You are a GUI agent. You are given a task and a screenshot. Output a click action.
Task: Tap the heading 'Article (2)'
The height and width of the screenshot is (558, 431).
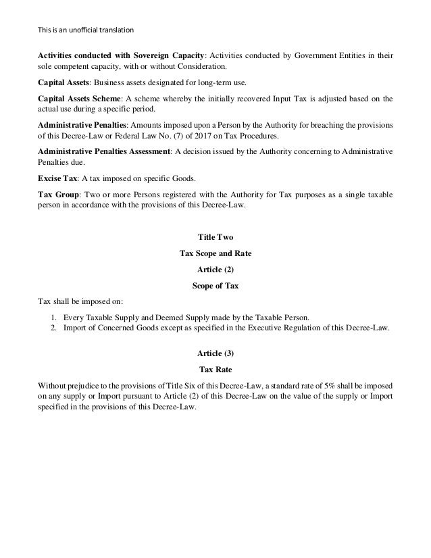tap(215, 270)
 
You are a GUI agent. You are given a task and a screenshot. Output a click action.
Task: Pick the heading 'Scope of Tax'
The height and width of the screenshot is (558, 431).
tap(215, 285)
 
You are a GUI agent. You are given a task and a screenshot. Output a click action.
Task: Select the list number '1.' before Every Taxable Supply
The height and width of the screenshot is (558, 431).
tap(54, 316)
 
